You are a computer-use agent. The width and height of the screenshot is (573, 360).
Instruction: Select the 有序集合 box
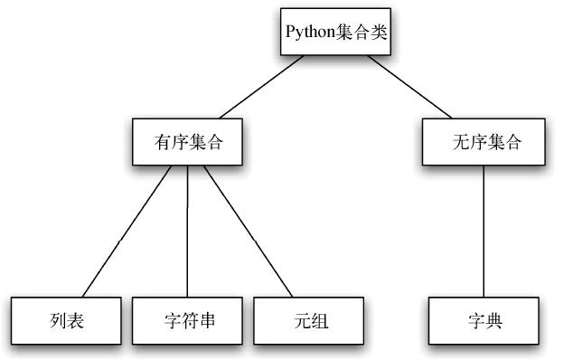pos(188,141)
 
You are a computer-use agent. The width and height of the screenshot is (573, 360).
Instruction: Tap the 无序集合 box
pos(484,141)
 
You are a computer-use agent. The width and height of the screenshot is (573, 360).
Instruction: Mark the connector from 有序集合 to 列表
pos(127,232)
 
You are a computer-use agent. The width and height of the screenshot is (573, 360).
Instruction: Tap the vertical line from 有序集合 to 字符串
pos(188,232)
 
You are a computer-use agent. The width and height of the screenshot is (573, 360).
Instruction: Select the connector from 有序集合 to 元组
pos(248,232)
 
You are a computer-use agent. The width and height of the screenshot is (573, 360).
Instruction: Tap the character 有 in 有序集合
pos(163,142)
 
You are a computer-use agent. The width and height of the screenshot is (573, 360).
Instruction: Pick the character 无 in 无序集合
pos(459,142)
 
